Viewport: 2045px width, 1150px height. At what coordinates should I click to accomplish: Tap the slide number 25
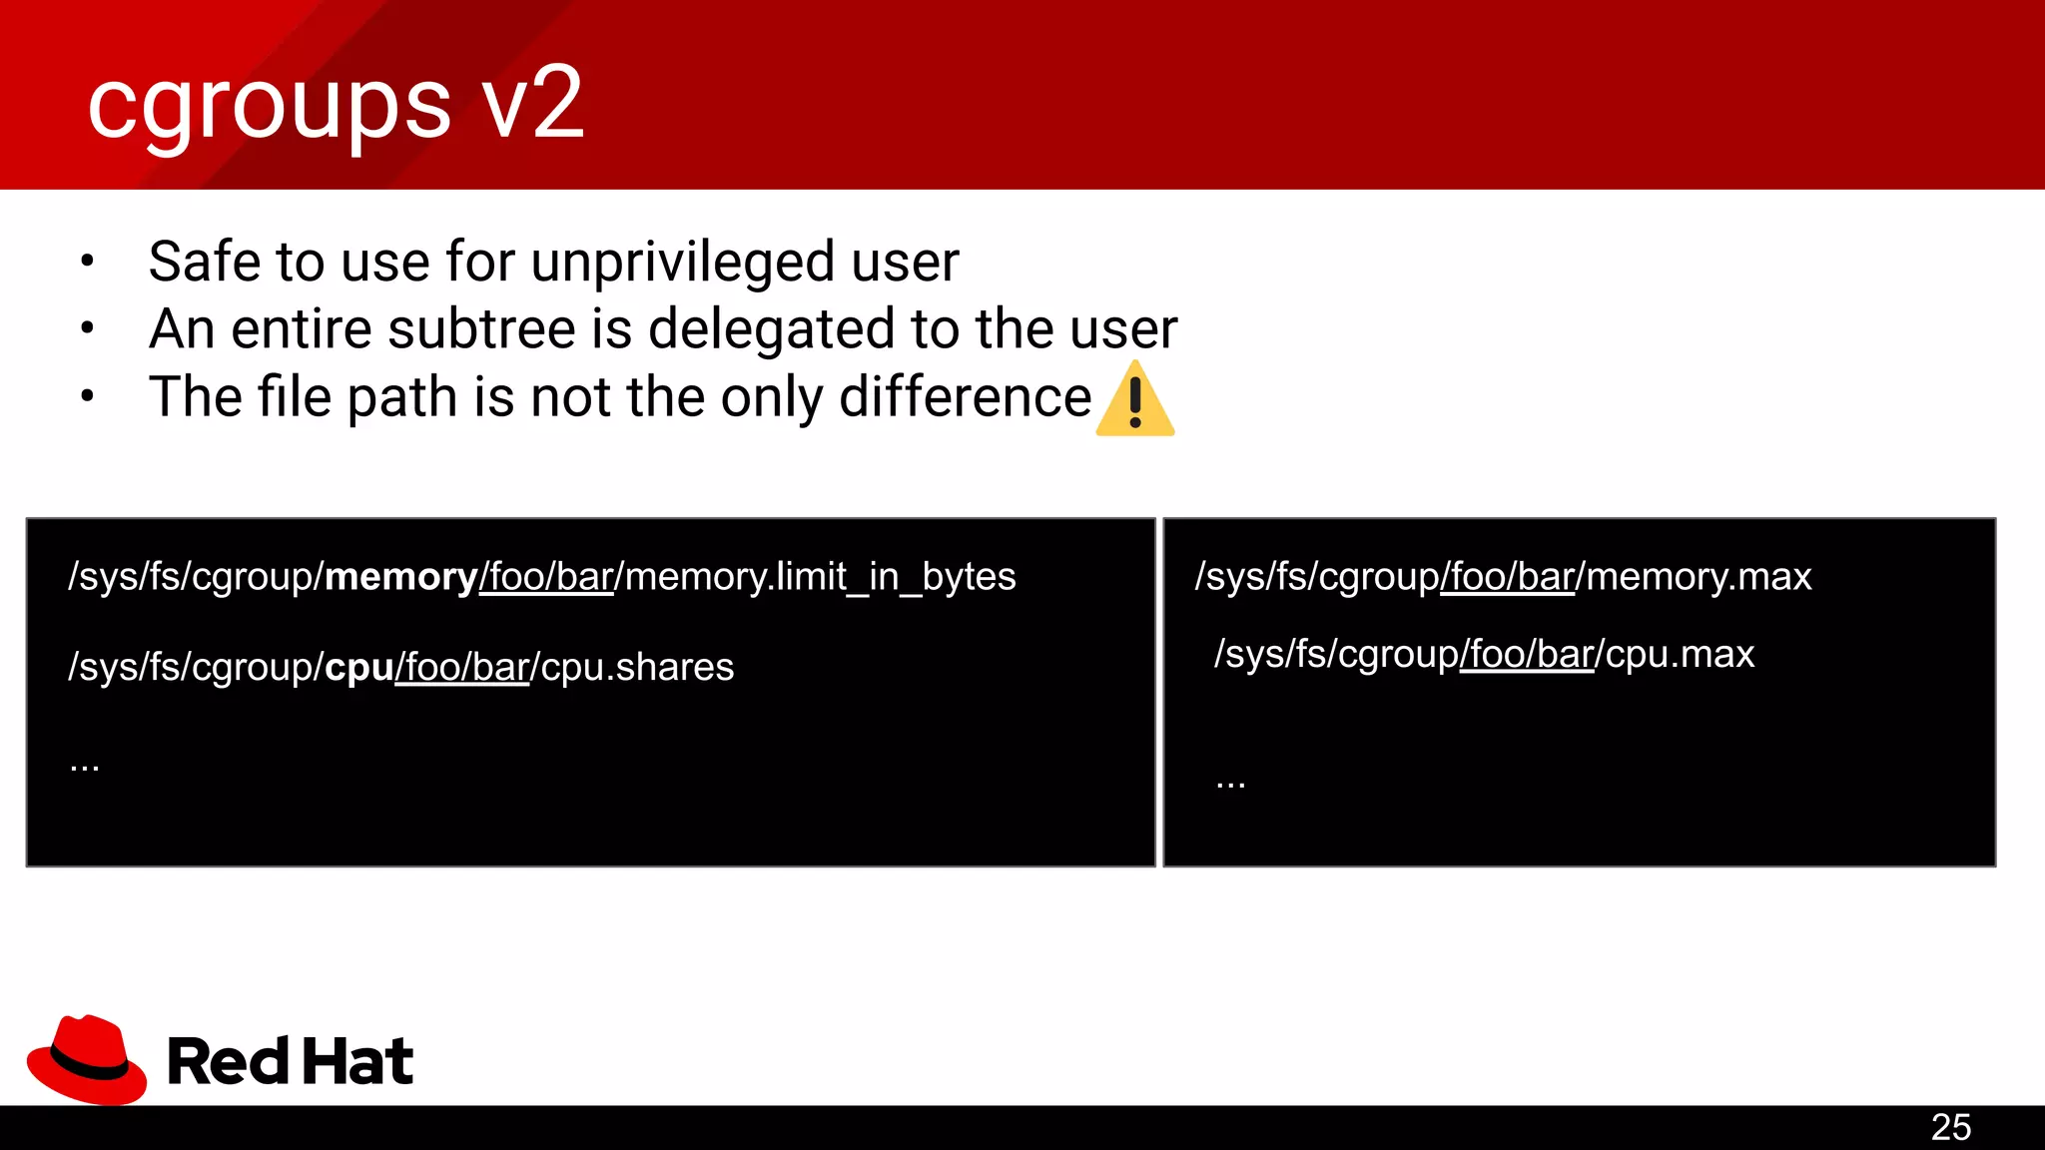(x=1950, y=1127)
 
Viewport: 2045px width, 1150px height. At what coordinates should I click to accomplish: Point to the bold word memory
(x=401, y=577)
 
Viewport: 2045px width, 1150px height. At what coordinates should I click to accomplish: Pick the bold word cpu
(x=359, y=667)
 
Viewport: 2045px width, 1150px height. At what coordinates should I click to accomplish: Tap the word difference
(x=966, y=397)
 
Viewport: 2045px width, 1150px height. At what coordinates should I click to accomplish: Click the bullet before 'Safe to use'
(x=88, y=262)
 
